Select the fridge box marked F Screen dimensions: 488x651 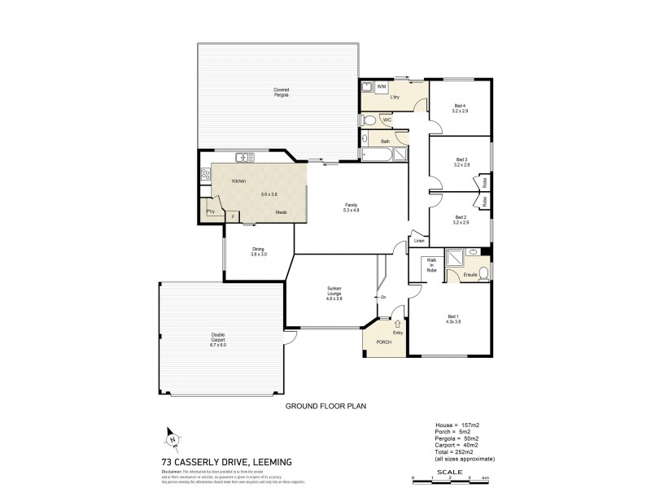click(x=233, y=216)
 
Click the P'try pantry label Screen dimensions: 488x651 click(x=210, y=211)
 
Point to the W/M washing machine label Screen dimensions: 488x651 click(x=381, y=85)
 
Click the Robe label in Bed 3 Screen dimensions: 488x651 click(x=485, y=183)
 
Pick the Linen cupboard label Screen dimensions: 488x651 click(x=419, y=241)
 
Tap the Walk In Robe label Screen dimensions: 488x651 click(x=431, y=265)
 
